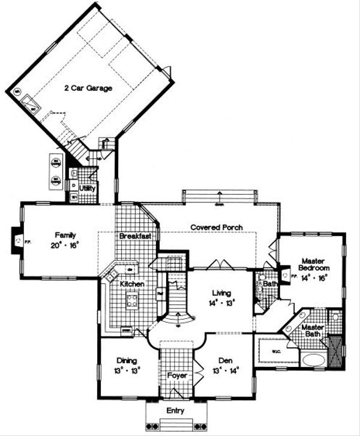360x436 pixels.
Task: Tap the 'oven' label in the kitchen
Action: point(126,329)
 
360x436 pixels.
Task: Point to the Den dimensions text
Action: point(225,369)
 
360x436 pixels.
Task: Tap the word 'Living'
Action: point(221,292)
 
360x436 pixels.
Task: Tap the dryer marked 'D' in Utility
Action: point(74,186)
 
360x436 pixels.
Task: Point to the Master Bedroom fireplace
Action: point(284,275)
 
